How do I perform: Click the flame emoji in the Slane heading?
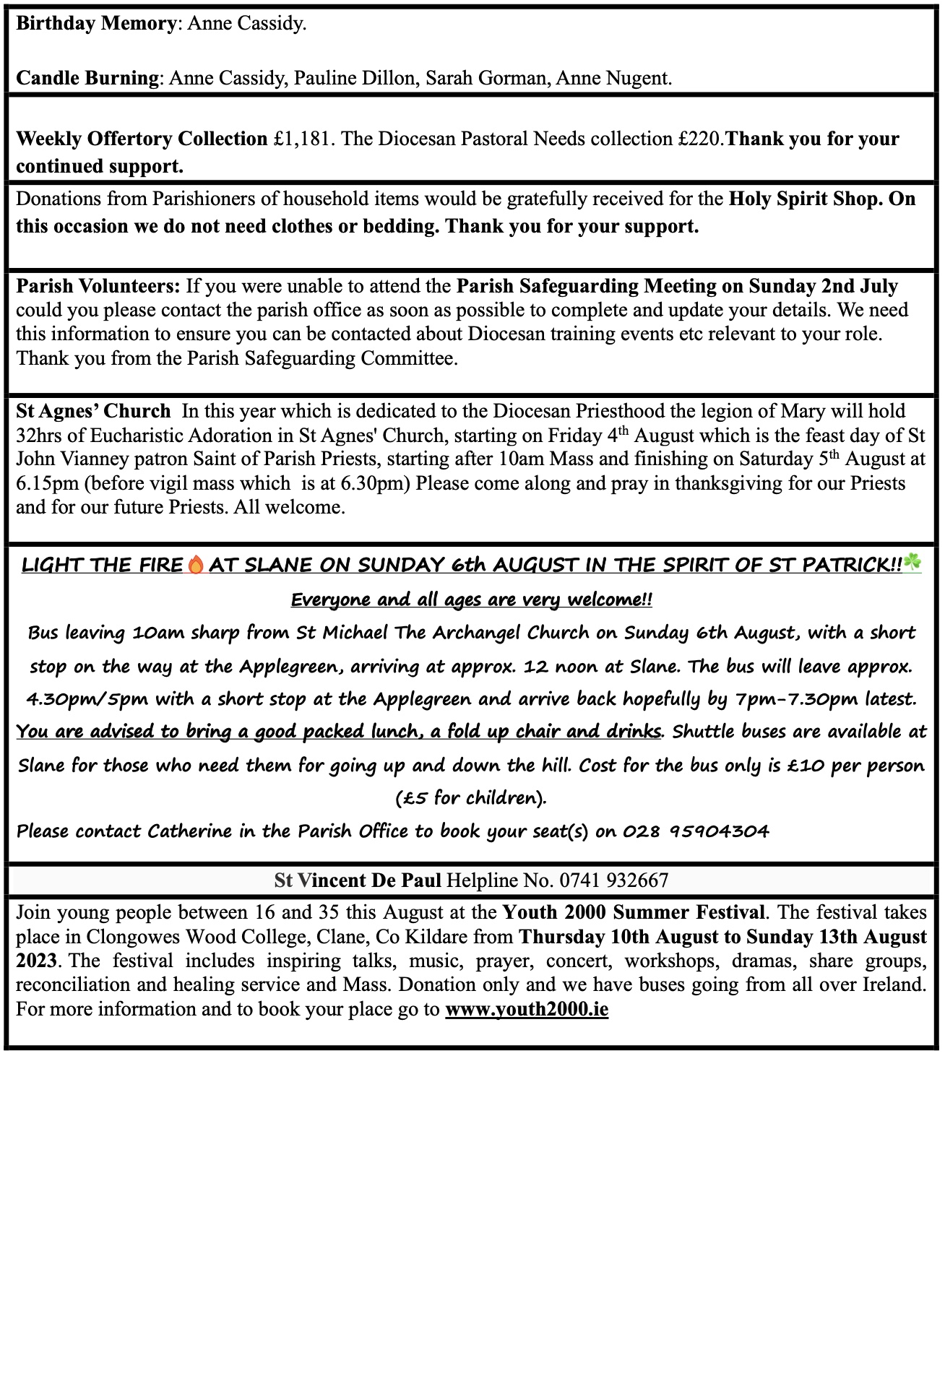(196, 565)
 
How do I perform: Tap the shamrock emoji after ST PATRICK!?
(912, 563)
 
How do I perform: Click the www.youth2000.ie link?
(527, 1009)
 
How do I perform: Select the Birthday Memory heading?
(95, 23)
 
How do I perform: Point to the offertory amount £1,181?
(303, 139)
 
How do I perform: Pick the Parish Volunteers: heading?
(98, 286)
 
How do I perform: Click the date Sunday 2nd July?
(823, 286)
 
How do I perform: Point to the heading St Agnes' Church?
(93, 411)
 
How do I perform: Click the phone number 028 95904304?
(696, 831)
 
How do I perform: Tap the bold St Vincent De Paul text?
(358, 880)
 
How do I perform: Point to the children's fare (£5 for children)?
(471, 798)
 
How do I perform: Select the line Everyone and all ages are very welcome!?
(472, 599)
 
